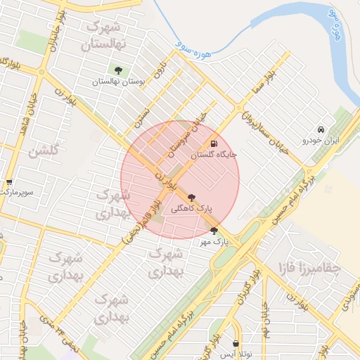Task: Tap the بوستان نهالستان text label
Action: pyautogui.click(x=117, y=82)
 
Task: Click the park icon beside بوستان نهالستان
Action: pyautogui.click(x=117, y=70)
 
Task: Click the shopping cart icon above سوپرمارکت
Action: pyautogui.click(x=8, y=181)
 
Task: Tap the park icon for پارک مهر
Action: pyautogui.click(x=214, y=231)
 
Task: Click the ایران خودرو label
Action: pyautogui.click(x=321, y=141)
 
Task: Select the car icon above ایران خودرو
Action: pyautogui.click(x=321, y=129)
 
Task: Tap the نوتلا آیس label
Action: pyautogui.click(x=236, y=354)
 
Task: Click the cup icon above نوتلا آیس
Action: pyautogui.click(x=236, y=344)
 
